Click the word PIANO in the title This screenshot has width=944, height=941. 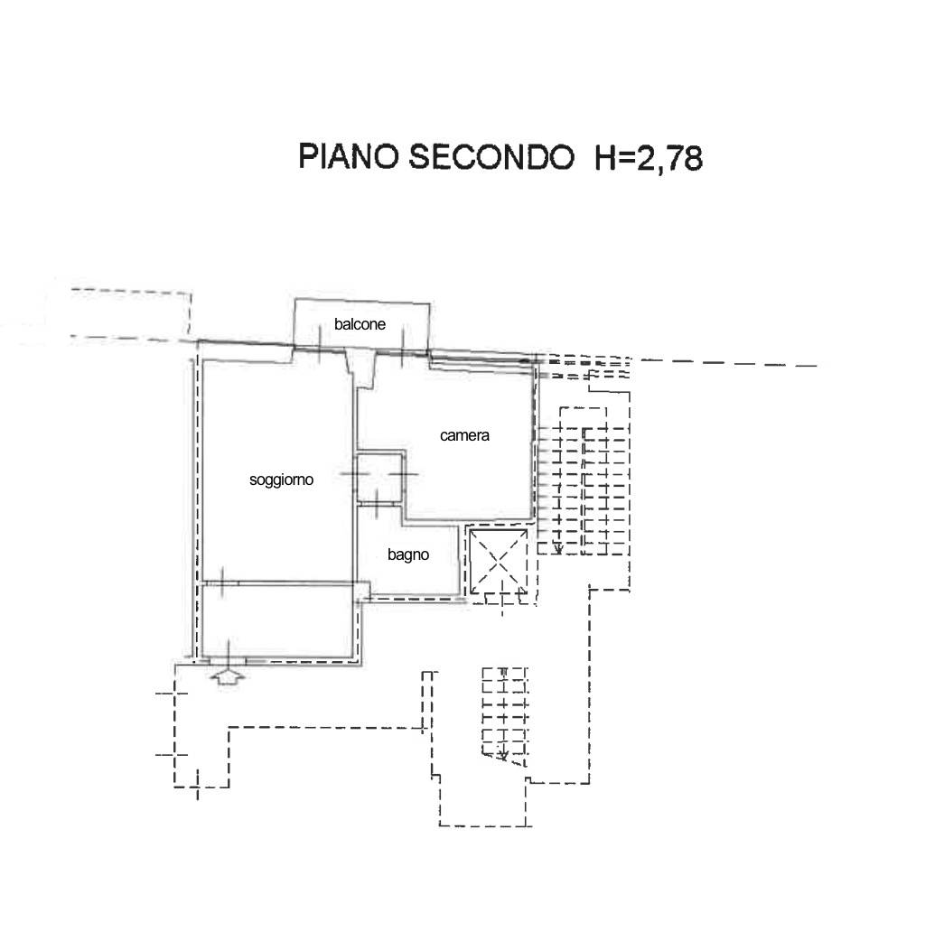coord(349,156)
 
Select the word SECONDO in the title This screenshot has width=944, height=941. coord(491,156)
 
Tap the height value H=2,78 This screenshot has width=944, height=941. coord(649,158)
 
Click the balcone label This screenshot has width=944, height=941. coord(360,324)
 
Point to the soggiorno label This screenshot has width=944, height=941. coord(281,480)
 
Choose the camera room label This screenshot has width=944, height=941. coord(464,435)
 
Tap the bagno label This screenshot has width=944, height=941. coord(408,554)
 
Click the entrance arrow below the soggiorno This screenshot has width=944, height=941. coord(228,676)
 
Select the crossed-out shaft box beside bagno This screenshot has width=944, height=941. coord(499,563)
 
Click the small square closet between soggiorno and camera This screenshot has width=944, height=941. coord(379,478)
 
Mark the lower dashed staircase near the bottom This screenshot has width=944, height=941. coord(504,714)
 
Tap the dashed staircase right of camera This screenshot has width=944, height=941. coord(583,489)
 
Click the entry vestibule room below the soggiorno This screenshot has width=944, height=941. coord(278,620)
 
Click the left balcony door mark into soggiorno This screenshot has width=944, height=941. coord(319,343)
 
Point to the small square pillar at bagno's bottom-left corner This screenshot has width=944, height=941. coord(361,592)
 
